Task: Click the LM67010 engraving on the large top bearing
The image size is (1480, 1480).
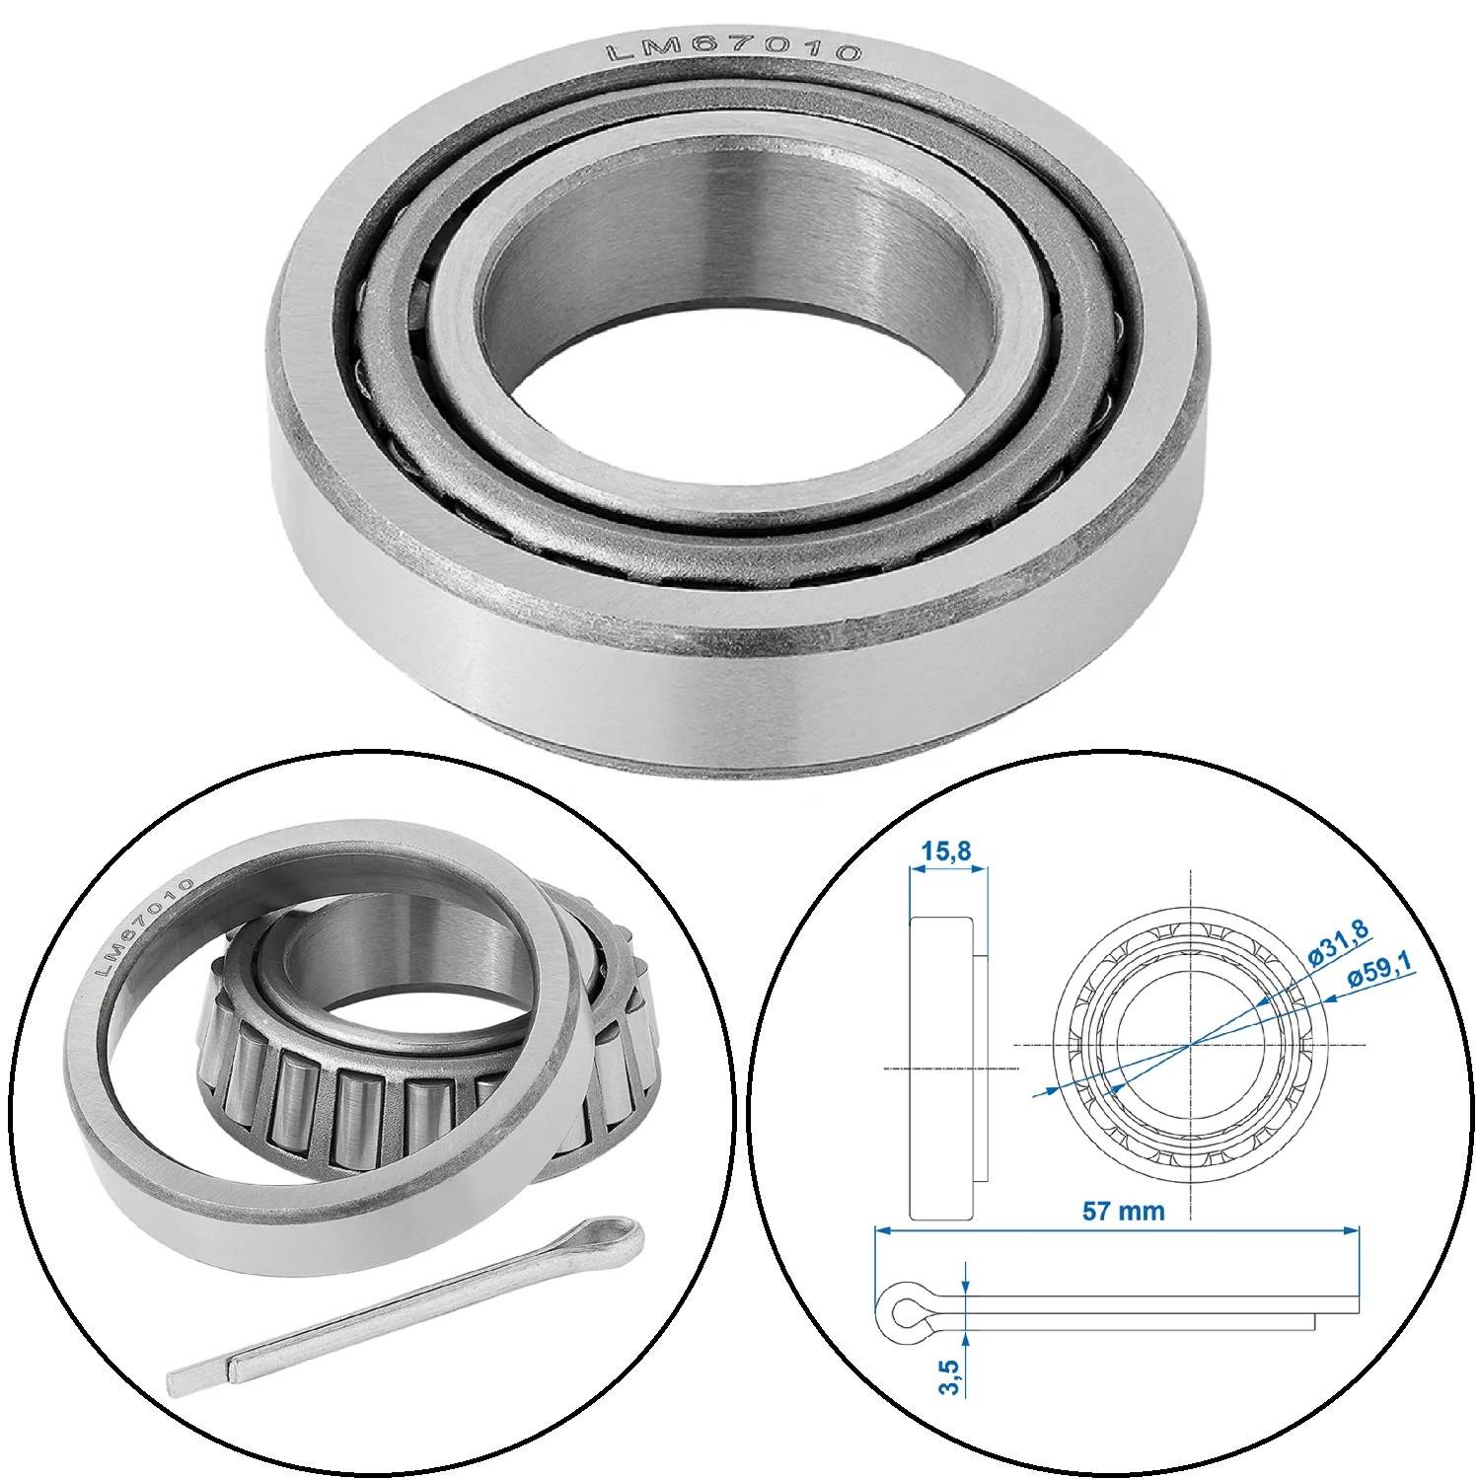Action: pos(733,52)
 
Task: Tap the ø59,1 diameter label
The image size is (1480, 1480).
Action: pos(1381,976)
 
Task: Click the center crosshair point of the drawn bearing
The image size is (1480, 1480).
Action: pos(1192,1044)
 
